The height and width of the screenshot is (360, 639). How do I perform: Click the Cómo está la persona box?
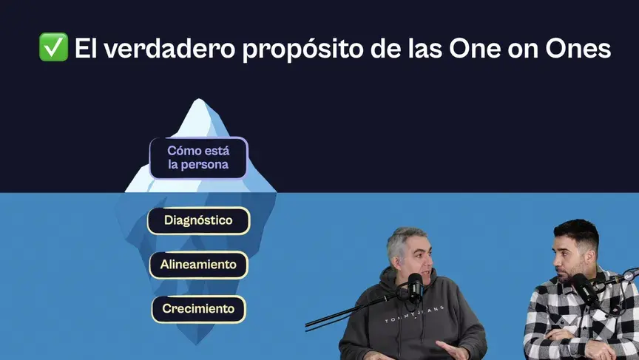pos(198,157)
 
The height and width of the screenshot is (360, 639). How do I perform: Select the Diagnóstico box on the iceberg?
pos(198,220)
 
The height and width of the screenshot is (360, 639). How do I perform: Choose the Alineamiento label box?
pos(198,264)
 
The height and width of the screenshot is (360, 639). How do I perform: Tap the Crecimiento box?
pos(198,308)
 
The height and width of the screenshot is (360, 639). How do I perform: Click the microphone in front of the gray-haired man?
pos(415,284)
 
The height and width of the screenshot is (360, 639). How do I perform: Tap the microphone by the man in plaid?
pos(584,285)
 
